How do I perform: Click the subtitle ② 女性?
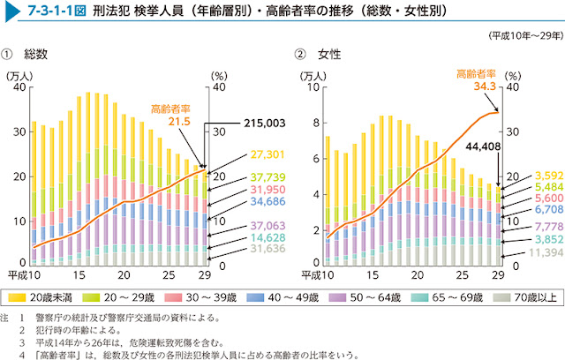318,55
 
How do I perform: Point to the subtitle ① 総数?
31,55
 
